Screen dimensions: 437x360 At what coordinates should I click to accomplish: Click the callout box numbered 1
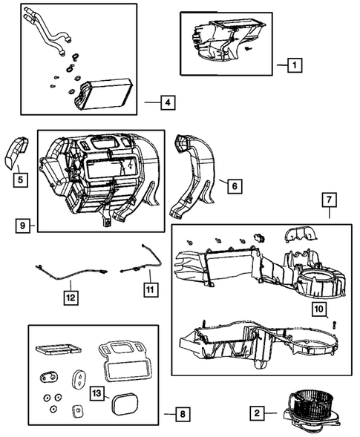coord(294,65)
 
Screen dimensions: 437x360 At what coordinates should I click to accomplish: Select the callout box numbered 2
coord(255,413)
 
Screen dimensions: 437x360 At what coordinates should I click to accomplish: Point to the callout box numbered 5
coord(20,179)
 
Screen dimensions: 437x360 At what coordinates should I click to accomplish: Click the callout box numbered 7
coord(329,200)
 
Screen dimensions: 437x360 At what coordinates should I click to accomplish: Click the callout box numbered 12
coord(70,298)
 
